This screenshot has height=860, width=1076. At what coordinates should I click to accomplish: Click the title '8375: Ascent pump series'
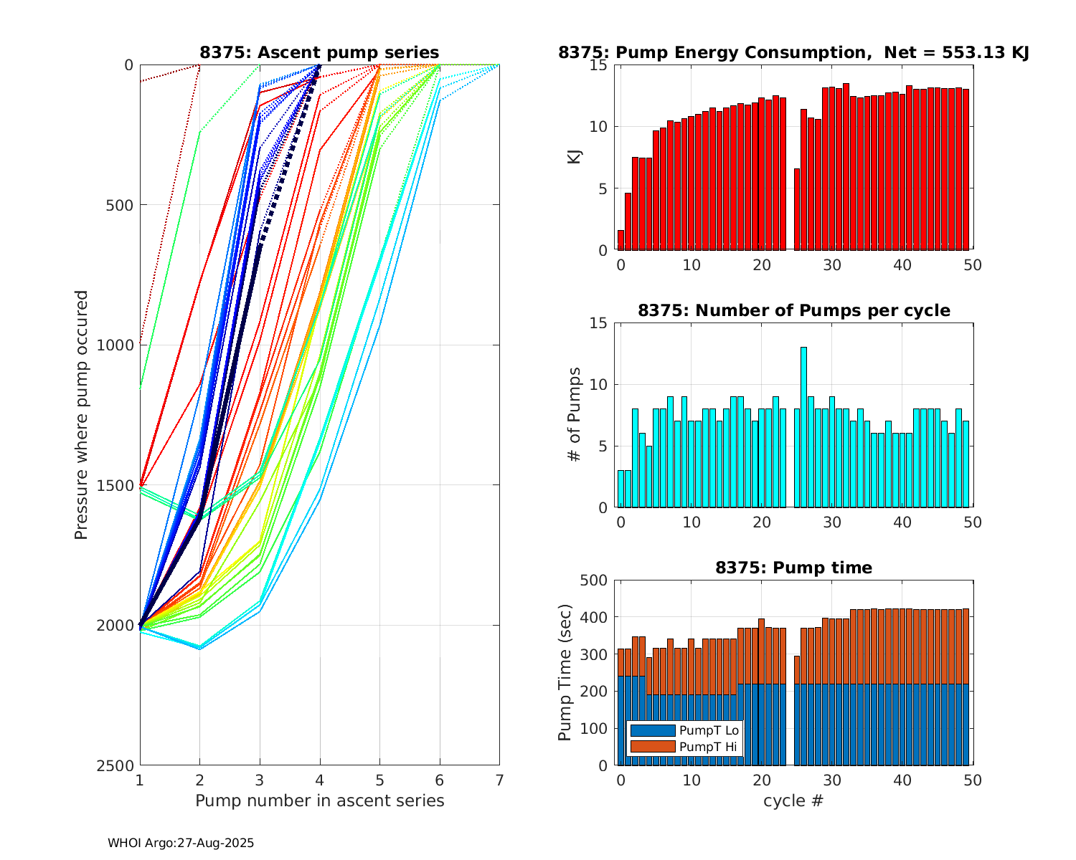(319, 52)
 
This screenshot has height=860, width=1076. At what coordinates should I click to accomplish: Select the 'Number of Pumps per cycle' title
(794, 310)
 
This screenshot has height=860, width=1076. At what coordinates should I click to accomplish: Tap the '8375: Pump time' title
(794, 568)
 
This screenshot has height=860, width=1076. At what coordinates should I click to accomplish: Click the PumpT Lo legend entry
(684, 730)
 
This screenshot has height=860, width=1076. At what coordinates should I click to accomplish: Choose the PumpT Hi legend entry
(684, 747)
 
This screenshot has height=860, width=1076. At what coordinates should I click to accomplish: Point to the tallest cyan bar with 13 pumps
(804, 427)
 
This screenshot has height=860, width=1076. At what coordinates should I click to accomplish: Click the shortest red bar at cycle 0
(621, 240)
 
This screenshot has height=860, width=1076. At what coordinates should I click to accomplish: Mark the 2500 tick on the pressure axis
(118, 765)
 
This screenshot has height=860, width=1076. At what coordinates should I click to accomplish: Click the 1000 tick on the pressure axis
(118, 345)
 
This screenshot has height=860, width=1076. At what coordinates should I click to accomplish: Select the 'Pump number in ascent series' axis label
(319, 801)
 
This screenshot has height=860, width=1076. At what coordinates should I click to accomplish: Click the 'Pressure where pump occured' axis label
(82, 415)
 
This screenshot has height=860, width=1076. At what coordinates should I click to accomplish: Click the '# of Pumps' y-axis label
(575, 415)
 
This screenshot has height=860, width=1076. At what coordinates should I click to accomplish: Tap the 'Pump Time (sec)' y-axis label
(565, 672)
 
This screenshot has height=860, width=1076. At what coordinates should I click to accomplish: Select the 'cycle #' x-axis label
(794, 801)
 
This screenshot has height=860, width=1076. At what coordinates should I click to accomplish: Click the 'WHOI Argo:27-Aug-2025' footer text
(181, 843)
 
